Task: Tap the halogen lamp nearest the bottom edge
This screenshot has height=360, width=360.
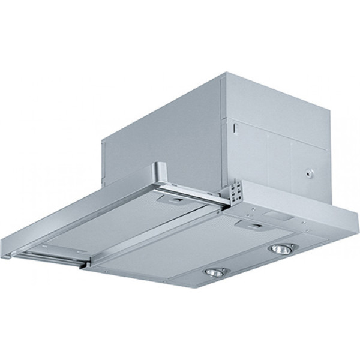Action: click(214, 272)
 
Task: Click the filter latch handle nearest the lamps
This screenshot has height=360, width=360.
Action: click(253, 227)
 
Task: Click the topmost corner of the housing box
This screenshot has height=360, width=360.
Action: click(223, 73)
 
